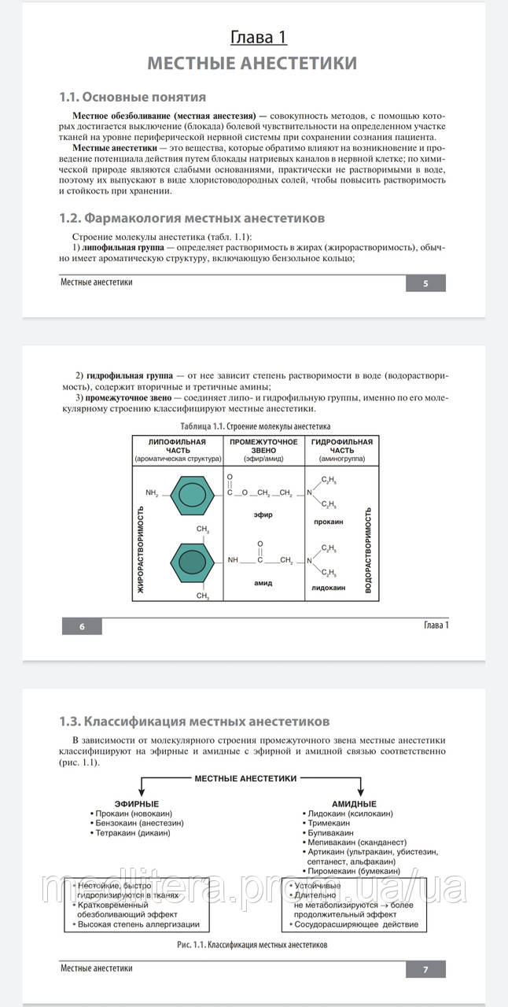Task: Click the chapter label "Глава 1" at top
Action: pyautogui.click(x=258, y=37)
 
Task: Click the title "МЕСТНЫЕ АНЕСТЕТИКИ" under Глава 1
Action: pyautogui.click(x=252, y=63)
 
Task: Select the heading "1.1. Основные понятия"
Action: pyautogui.click(x=133, y=97)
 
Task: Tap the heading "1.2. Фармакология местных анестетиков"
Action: pyautogui.click(x=193, y=218)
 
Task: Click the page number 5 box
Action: pyautogui.click(x=425, y=283)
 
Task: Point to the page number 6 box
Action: pyautogui.click(x=82, y=626)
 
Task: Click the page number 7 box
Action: pyautogui.click(x=425, y=969)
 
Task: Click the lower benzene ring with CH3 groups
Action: pyautogui.click(x=188, y=561)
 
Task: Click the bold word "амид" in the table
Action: pyautogui.click(x=263, y=583)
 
